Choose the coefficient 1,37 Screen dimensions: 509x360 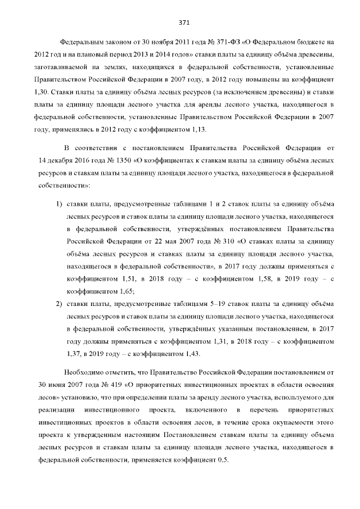pos(75,354)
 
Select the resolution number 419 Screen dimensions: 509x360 pos(99,386)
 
